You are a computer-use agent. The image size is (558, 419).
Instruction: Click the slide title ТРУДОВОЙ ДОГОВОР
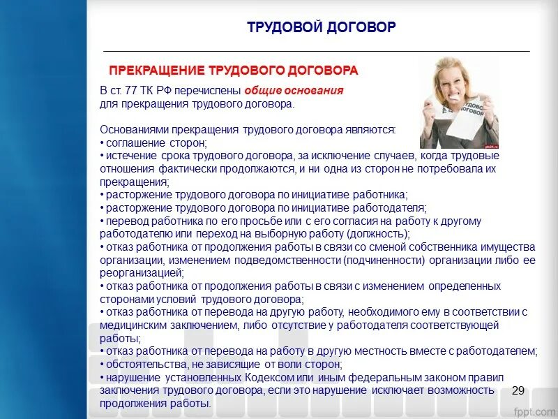[x=321, y=27]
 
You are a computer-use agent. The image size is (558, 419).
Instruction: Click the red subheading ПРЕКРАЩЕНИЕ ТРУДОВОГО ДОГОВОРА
[x=234, y=71]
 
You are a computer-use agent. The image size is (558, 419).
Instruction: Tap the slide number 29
[x=518, y=390]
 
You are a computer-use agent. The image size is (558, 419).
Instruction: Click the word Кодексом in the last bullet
[x=253, y=377]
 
